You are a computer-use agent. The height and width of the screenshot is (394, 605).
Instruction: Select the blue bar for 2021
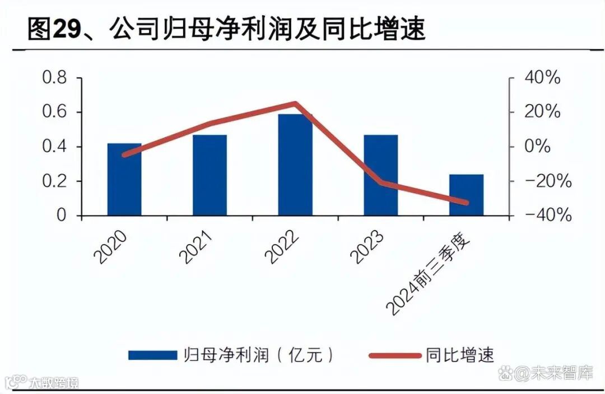(210, 175)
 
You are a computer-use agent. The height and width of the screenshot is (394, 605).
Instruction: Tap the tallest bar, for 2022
(295, 165)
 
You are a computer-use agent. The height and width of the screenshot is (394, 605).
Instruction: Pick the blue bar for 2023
(380, 175)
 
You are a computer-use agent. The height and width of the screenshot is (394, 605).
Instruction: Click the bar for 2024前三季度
(466, 195)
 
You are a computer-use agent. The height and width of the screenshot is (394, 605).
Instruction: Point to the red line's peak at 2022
(295, 104)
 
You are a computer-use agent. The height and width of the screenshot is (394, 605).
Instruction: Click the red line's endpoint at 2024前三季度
(466, 203)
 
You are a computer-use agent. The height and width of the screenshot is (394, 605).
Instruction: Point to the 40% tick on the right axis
(541, 78)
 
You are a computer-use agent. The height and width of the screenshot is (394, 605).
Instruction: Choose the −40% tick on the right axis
(541, 215)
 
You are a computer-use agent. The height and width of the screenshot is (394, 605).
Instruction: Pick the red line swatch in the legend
(394, 355)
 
